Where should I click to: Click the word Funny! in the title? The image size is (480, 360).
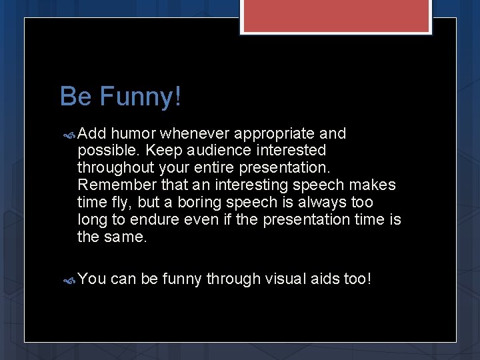(x=140, y=97)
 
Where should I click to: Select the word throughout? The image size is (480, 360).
(x=115, y=168)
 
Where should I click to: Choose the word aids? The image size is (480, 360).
(x=325, y=279)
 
